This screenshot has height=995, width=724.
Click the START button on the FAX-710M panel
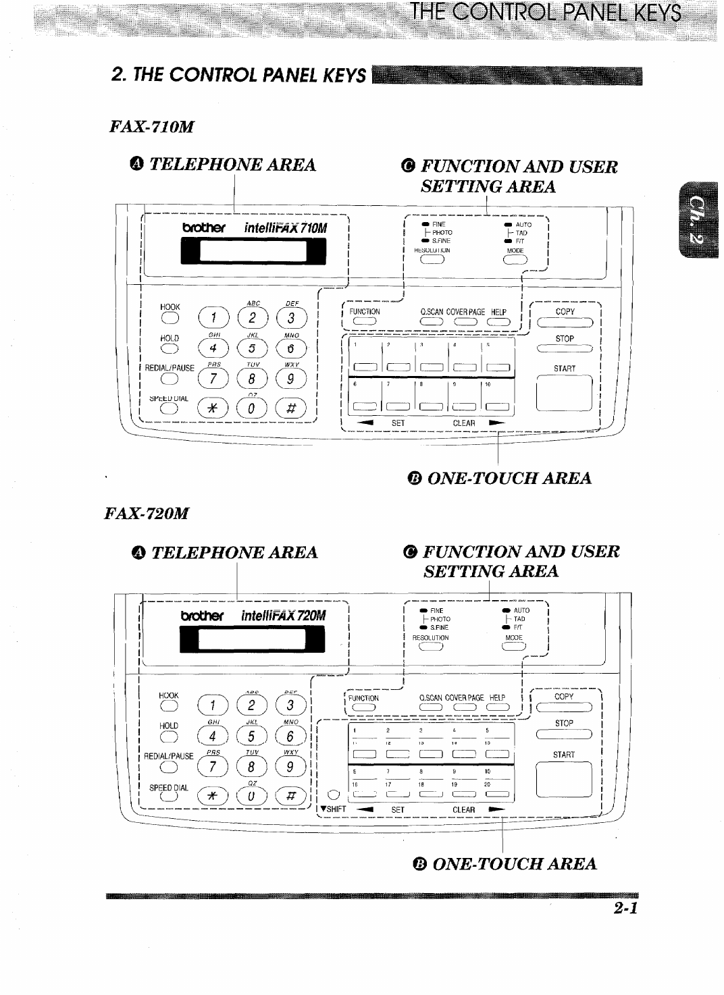tap(565, 393)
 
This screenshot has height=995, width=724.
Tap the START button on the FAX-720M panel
tap(563, 779)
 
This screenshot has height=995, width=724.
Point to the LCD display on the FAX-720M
tap(253, 639)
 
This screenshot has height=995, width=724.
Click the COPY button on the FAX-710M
tap(565, 323)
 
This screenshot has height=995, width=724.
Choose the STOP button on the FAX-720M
tap(563, 735)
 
